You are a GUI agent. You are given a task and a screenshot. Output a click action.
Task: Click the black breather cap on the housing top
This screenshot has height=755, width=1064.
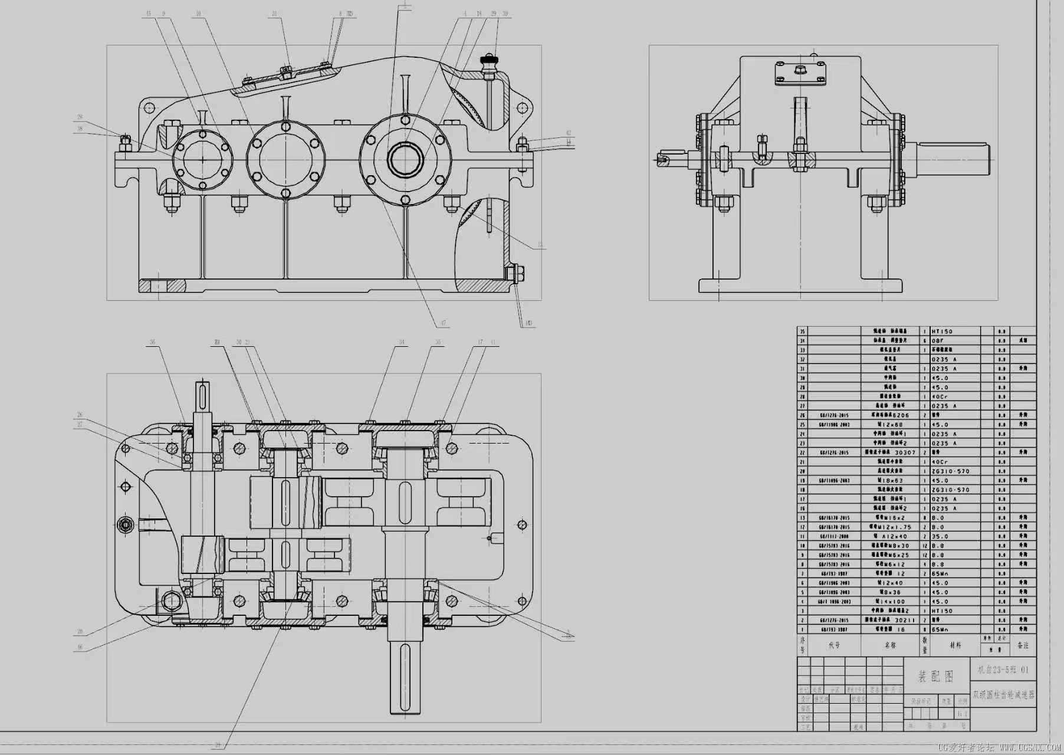click(x=488, y=60)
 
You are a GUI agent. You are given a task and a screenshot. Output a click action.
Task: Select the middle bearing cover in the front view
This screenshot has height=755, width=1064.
click(x=285, y=159)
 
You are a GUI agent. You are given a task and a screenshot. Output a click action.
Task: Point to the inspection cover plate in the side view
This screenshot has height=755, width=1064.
click(x=800, y=72)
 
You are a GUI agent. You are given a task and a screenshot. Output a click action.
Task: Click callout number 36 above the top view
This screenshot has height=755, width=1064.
click(x=152, y=342)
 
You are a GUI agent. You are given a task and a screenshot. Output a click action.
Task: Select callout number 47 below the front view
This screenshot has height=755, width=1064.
click(x=443, y=323)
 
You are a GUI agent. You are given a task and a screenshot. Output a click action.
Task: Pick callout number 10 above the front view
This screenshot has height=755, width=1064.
click(x=198, y=14)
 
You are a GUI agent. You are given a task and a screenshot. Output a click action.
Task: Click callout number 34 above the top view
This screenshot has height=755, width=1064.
click(x=402, y=342)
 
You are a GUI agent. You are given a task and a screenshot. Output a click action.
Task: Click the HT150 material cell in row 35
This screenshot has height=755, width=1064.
click(x=942, y=331)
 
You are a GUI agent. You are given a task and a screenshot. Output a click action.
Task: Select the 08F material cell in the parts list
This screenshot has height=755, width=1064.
click(x=938, y=341)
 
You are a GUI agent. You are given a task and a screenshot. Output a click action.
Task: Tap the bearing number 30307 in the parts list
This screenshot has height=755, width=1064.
click(x=905, y=452)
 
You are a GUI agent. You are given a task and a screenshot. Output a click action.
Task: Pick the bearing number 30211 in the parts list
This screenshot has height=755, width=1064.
click(x=905, y=620)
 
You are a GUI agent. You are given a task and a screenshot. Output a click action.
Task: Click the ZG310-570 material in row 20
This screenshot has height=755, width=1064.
click(x=950, y=471)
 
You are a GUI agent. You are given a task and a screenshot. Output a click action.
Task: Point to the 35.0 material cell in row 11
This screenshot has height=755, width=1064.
click(x=940, y=537)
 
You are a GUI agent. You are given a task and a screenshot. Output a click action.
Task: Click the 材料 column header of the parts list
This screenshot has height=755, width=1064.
click(x=955, y=645)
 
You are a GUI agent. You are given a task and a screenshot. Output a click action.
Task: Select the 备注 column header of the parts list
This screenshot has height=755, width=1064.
click(x=1023, y=645)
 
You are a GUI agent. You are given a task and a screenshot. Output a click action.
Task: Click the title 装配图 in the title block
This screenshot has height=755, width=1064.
click(x=936, y=677)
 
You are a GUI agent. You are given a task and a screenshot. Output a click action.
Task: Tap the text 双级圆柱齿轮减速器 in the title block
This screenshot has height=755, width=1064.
click(x=1003, y=695)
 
